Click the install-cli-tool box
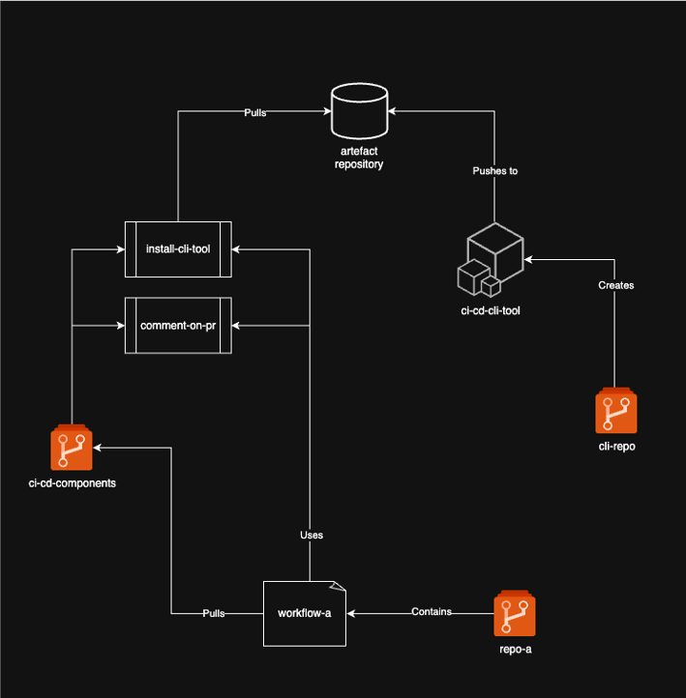pyautogui.click(x=178, y=248)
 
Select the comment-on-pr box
pyautogui.click(x=178, y=326)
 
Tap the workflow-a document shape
pyautogui.click(x=304, y=614)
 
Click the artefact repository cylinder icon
pyautogui.click(x=359, y=111)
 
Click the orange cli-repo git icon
pyautogui.click(x=616, y=412)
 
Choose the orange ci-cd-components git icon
pyautogui.click(x=72, y=449)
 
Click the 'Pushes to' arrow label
pyautogui.click(x=495, y=171)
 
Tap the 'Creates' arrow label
pyautogui.click(x=616, y=285)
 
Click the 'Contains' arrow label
pyautogui.click(x=432, y=612)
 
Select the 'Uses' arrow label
pyautogui.click(x=311, y=535)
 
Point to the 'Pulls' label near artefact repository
pyautogui.click(x=254, y=112)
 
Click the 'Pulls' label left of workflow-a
pyautogui.click(x=214, y=614)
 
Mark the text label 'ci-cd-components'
pyautogui.click(x=73, y=482)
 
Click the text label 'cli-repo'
pyautogui.click(x=616, y=448)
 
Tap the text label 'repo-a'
pyautogui.click(x=515, y=649)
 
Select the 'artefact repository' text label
pyautogui.click(x=359, y=158)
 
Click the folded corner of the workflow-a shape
pyautogui.click(x=339, y=586)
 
